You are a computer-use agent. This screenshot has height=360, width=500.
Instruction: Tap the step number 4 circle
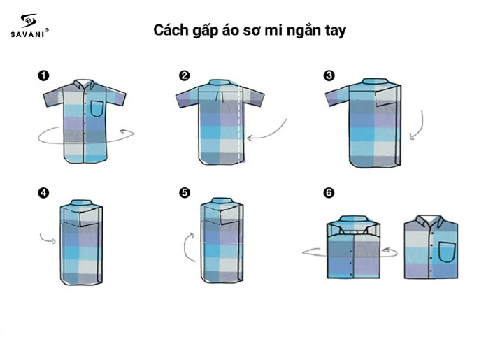click(x=43, y=194)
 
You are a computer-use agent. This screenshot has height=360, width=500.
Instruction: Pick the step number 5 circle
click(x=184, y=194)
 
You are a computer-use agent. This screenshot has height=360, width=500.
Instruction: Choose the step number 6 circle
click(x=329, y=194)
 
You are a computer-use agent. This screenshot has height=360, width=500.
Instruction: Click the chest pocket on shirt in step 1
click(x=98, y=108)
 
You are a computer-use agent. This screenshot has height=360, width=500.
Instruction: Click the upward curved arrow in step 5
click(x=188, y=246)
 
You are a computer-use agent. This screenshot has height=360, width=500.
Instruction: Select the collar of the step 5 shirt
click(x=221, y=204)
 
